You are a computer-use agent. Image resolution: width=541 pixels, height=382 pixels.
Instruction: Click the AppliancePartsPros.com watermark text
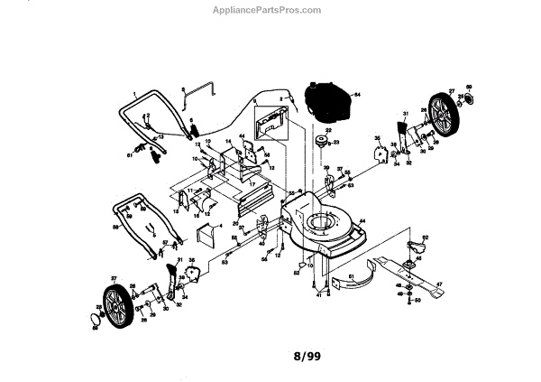pos(265,10)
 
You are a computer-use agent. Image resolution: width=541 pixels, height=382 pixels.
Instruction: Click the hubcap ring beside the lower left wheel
pos(94,318)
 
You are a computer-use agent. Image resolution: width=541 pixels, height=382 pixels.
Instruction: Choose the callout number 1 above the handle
pos(133,94)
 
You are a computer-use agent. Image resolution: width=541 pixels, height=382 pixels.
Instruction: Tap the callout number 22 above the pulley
pos(316,131)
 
